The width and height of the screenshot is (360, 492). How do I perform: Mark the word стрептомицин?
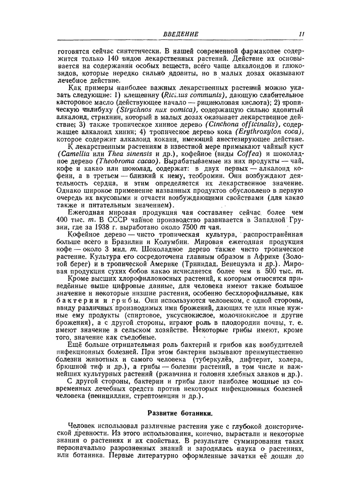point(154,396)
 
